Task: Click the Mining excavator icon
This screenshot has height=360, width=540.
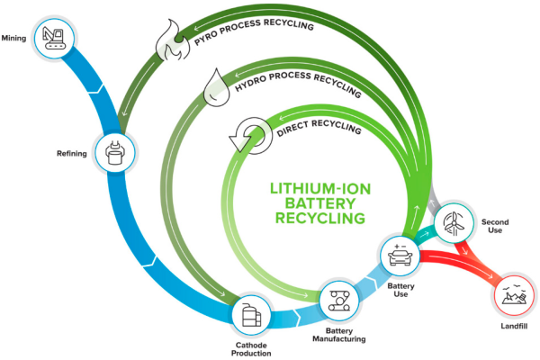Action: (53, 37)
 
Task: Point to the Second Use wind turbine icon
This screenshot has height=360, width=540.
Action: (452, 222)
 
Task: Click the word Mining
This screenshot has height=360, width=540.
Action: (13, 38)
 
